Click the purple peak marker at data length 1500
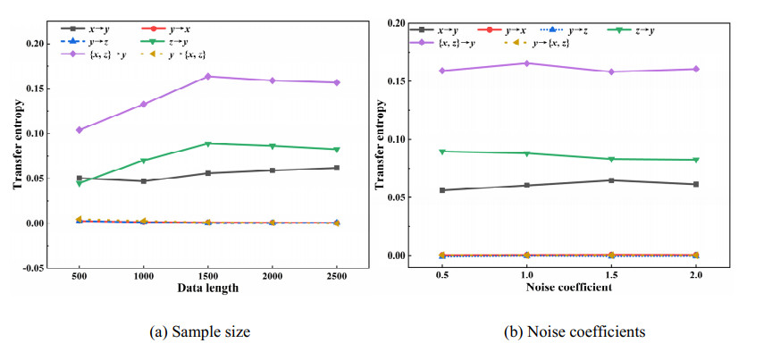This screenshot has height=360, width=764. click(x=207, y=77)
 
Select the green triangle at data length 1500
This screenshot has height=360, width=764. click(x=207, y=144)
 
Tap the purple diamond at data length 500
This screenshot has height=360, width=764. click(x=80, y=130)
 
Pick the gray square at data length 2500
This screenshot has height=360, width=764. click(x=336, y=168)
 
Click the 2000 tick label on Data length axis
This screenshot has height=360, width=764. click(x=272, y=278)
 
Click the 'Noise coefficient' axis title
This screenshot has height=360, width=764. click(x=568, y=289)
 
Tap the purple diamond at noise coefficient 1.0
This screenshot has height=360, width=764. click(x=526, y=63)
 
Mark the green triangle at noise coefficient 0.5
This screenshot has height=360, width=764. click(x=441, y=152)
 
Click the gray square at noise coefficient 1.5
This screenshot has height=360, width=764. click(x=611, y=180)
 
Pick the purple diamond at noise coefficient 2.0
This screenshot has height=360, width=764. click(x=696, y=69)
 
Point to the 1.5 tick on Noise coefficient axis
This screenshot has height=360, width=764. click(x=611, y=276)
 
